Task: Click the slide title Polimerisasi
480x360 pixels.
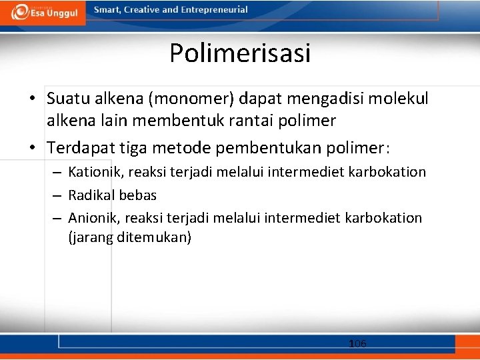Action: (240, 53)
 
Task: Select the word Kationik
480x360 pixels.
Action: (96, 172)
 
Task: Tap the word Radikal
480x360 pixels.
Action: (91, 195)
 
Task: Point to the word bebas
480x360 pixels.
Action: (137, 195)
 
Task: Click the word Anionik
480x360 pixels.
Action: (94, 218)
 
